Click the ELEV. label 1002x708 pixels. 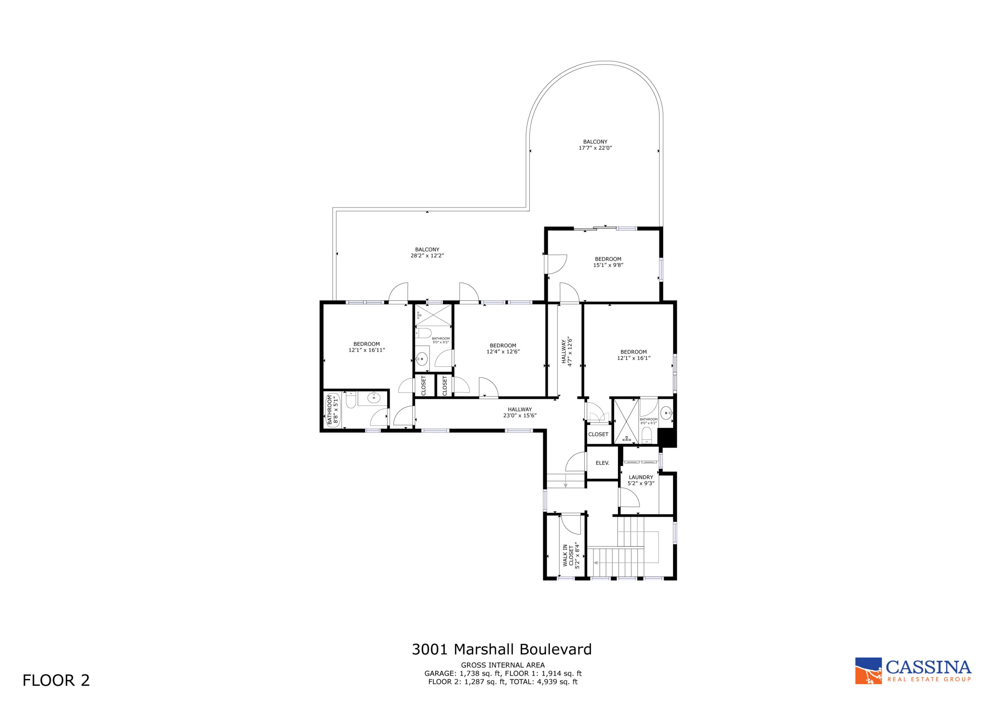[602, 463]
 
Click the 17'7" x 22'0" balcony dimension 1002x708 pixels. [595, 148]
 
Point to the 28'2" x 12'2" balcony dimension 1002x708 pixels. [427, 256]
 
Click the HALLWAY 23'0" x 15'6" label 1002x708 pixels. [519, 412]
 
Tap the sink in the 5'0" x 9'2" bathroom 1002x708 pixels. [422, 360]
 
